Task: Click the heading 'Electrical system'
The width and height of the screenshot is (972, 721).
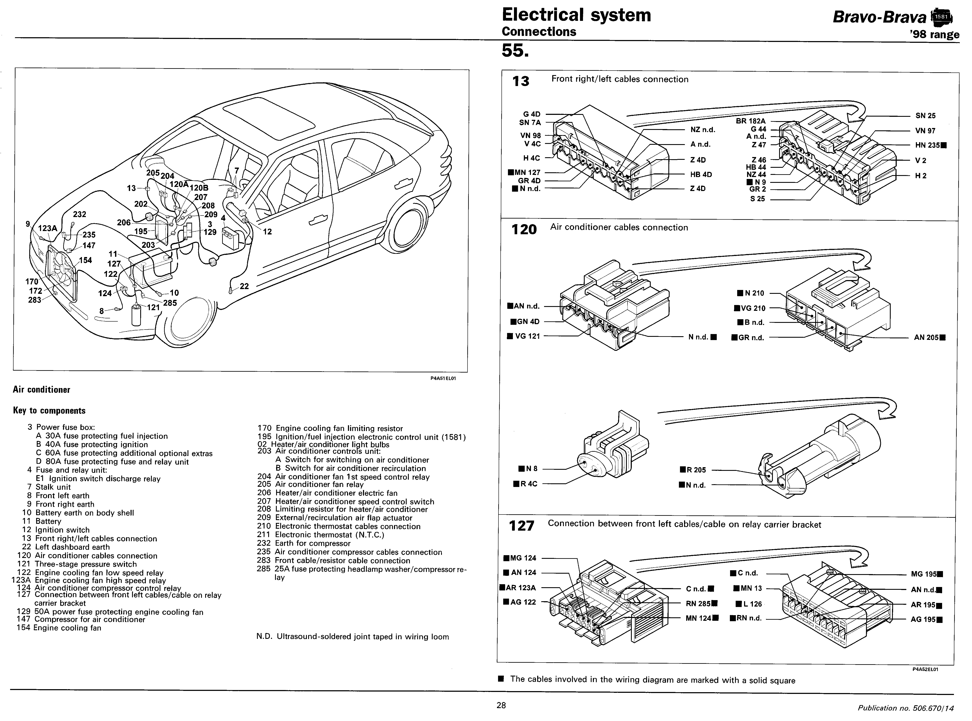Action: click(576, 15)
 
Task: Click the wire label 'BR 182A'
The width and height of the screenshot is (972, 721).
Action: click(750, 121)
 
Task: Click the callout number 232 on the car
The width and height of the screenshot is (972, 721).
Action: click(79, 214)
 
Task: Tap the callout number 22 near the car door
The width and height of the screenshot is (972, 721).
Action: click(244, 286)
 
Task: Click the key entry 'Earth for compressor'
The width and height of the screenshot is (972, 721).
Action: click(312, 543)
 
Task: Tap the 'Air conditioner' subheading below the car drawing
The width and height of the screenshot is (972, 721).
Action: click(42, 390)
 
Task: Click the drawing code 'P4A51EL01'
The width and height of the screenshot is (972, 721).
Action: click(443, 378)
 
